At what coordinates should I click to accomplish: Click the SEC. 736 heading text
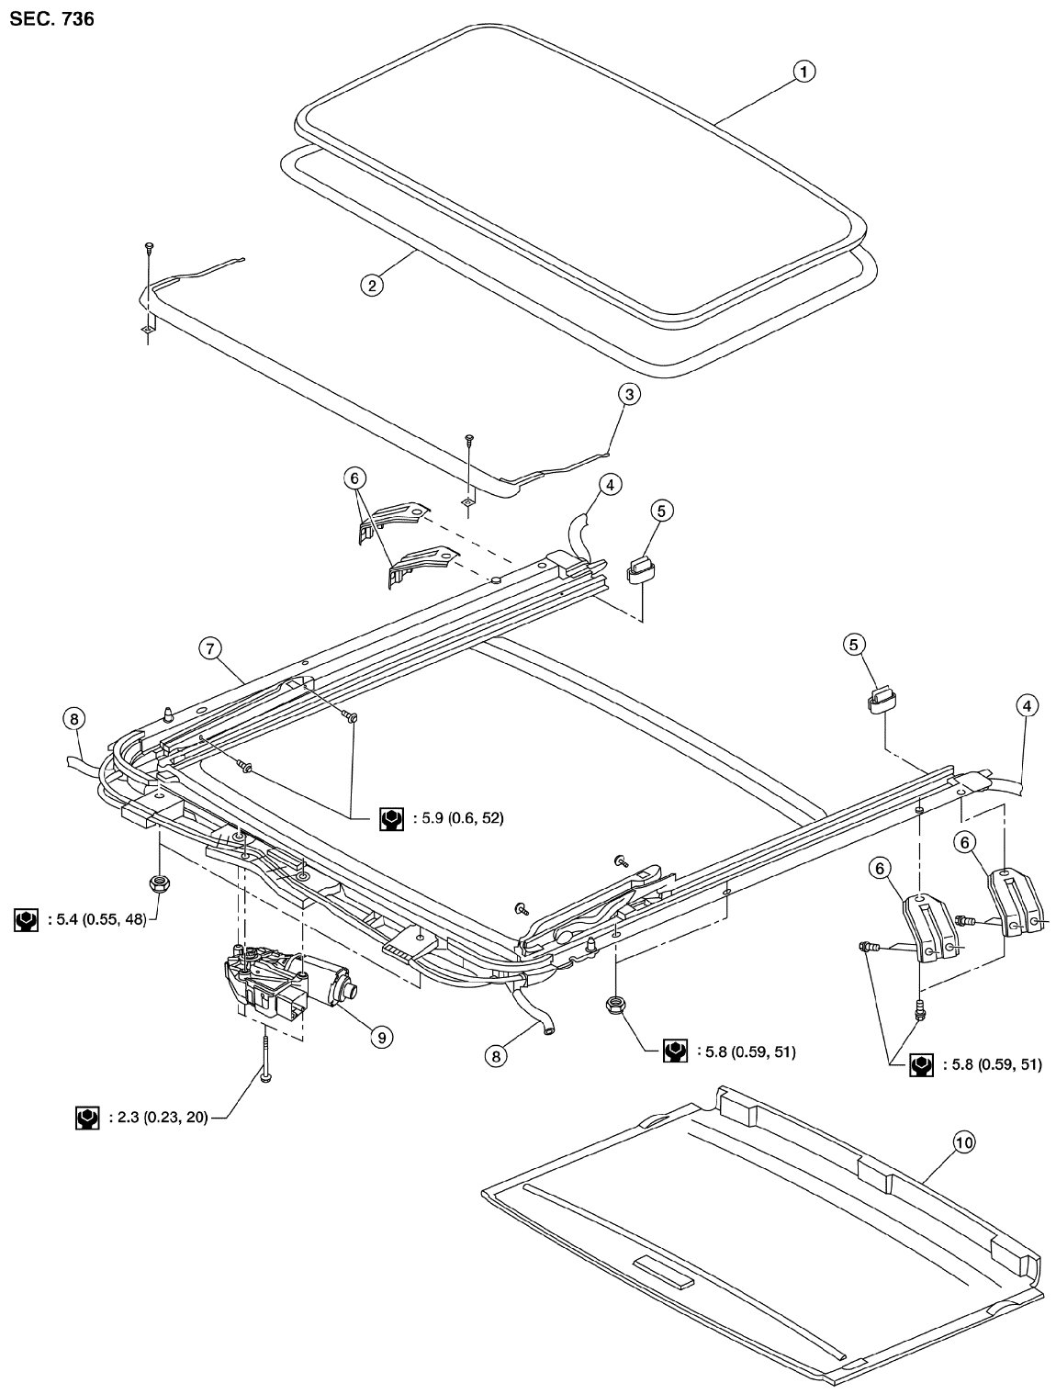[x=51, y=19]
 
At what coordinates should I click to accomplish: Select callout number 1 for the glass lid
[x=803, y=73]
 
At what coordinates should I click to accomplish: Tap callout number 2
[x=372, y=286]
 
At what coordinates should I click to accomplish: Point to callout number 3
[x=629, y=395]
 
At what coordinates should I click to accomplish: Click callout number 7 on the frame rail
[x=211, y=648]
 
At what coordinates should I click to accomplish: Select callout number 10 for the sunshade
[x=964, y=1142]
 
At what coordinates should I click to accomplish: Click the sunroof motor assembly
[x=289, y=981]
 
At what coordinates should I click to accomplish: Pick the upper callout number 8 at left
[x=74, y=719]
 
